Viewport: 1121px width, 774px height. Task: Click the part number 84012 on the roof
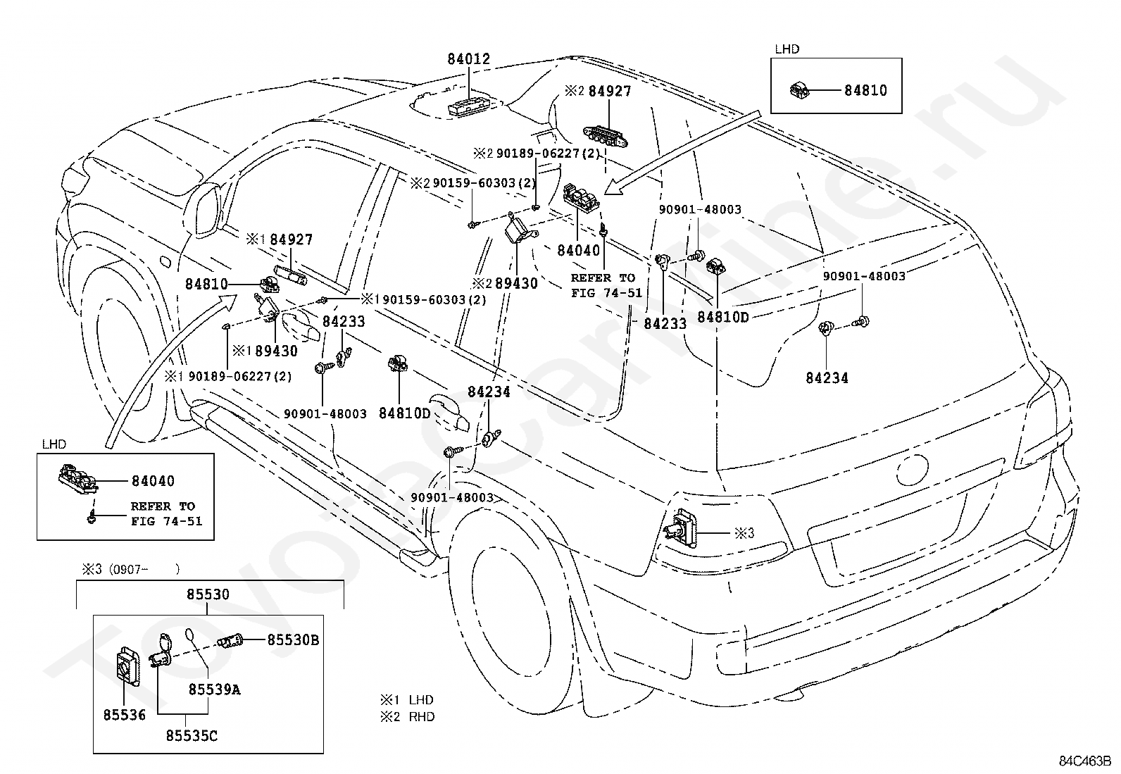(x=468, y=59)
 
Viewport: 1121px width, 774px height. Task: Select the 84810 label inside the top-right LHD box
(x=865, y=91)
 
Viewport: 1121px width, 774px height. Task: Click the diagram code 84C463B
(x=1084, y=761)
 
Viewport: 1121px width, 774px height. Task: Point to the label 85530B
(x=293, y=639)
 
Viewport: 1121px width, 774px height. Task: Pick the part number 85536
(x=124, y=715)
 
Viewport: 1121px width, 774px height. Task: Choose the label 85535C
(x=192, y=736)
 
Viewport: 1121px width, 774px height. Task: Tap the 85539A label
(x=214, y=690)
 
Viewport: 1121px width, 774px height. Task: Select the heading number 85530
(x=208, y=594)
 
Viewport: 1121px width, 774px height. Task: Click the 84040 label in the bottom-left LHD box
(x=153, y=481)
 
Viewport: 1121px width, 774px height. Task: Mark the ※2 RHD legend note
(x=408, y=716)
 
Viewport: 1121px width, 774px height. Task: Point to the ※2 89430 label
(x=504, y=283)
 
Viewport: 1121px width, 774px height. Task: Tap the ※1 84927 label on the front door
(x=280, y=240)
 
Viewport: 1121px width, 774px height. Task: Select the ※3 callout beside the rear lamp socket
(x=744, y=534)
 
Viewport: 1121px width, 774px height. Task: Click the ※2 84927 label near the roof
(x=598, y=91)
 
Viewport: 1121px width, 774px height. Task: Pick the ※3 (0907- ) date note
(x=130, y=570)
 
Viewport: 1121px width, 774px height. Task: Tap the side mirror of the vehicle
(x=205, y=211)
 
